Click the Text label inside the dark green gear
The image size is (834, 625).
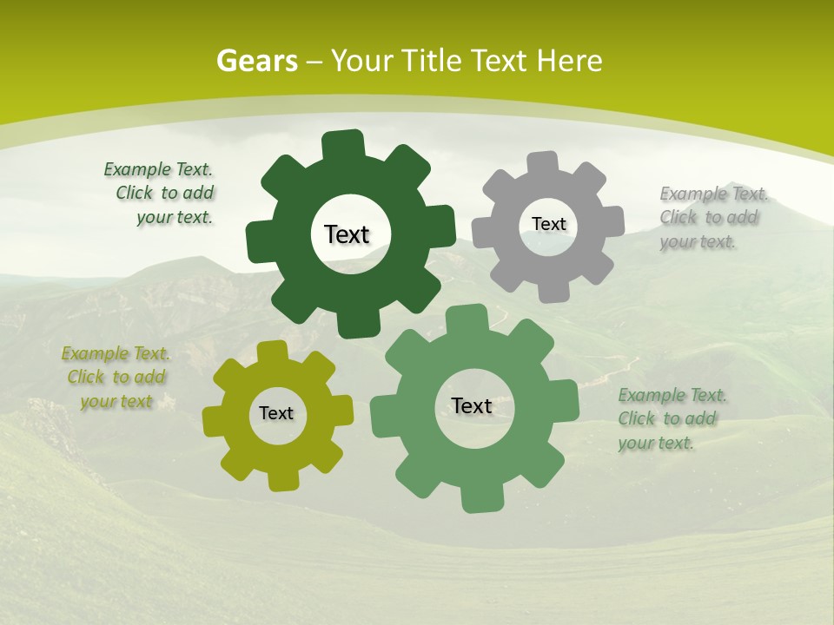[x=347, y=234]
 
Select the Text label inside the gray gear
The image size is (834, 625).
[x=548, y=224]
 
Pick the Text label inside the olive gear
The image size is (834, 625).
[x=276, y=413]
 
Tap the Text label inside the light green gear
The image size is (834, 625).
[x=472, y=405]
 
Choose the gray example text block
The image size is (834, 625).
[x=712, y=218]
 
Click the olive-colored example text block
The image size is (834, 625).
[x=116, y=378]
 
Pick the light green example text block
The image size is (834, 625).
[x=671, y=419]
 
